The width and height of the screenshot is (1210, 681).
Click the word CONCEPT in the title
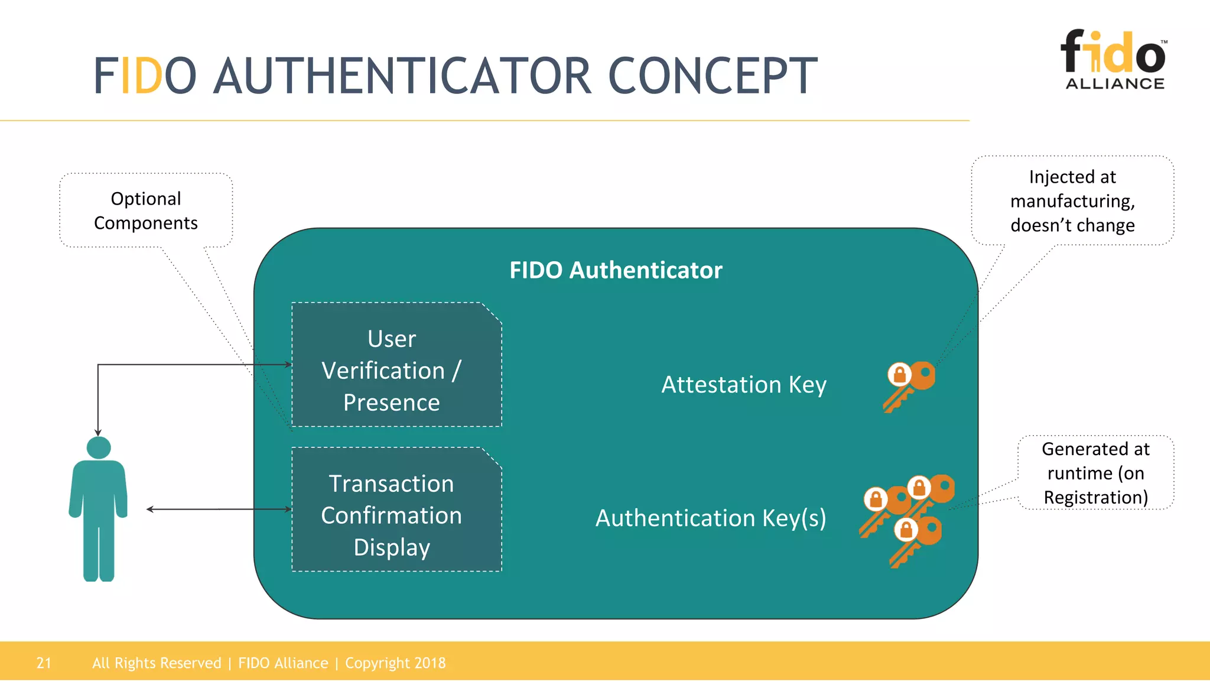(x=713, y=76)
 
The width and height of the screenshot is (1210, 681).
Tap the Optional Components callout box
(x=146, y=210)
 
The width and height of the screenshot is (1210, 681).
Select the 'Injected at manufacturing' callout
(x=1072, y=201)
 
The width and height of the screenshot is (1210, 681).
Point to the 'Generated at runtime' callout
(x=1095, y=473)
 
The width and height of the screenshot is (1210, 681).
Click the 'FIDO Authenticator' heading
(x=616, y=270)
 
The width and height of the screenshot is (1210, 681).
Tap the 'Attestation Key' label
(x=744, y=385)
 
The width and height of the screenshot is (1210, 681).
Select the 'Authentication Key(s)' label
(x=711, y=518)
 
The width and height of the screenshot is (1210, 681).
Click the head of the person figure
(x=99, y=447)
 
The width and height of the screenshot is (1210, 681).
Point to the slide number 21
(x=44, y=663)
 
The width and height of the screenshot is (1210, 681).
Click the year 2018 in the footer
(x=430, y=663)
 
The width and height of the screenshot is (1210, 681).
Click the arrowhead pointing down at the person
(x=98, y=433)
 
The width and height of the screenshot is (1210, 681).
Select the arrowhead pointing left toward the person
(x=150, y=509)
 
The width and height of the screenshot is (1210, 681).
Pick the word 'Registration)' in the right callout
(x=1096, y=497)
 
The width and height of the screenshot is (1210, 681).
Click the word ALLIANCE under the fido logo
(x=1115, y=84)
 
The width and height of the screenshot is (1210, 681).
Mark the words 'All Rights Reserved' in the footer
(x=157, y=663)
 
